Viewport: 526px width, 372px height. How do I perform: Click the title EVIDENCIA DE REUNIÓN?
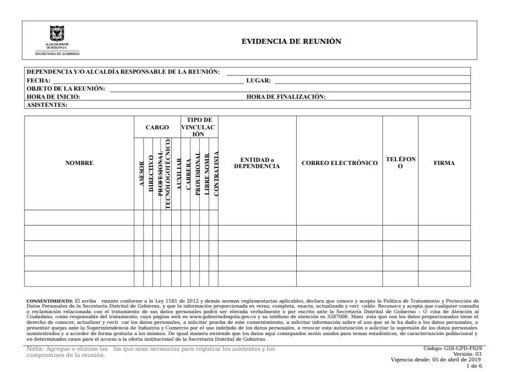[x=291, y=41]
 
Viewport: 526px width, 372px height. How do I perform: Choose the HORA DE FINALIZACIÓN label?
[x=287, y=96]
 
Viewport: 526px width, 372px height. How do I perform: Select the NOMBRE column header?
[x=79, y=163]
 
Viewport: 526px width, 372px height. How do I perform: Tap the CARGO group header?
[x=157, y=127]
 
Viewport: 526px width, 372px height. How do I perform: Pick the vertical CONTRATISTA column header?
[x=215, y=173]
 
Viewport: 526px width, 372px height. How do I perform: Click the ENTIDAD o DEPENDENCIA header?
[x=257, y=163]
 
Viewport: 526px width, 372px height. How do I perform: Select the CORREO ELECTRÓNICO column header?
[x=340, y=163]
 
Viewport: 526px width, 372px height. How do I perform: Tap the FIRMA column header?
[x=444, y=163]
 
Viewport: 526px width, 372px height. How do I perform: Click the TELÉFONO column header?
[x=400, y=163]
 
